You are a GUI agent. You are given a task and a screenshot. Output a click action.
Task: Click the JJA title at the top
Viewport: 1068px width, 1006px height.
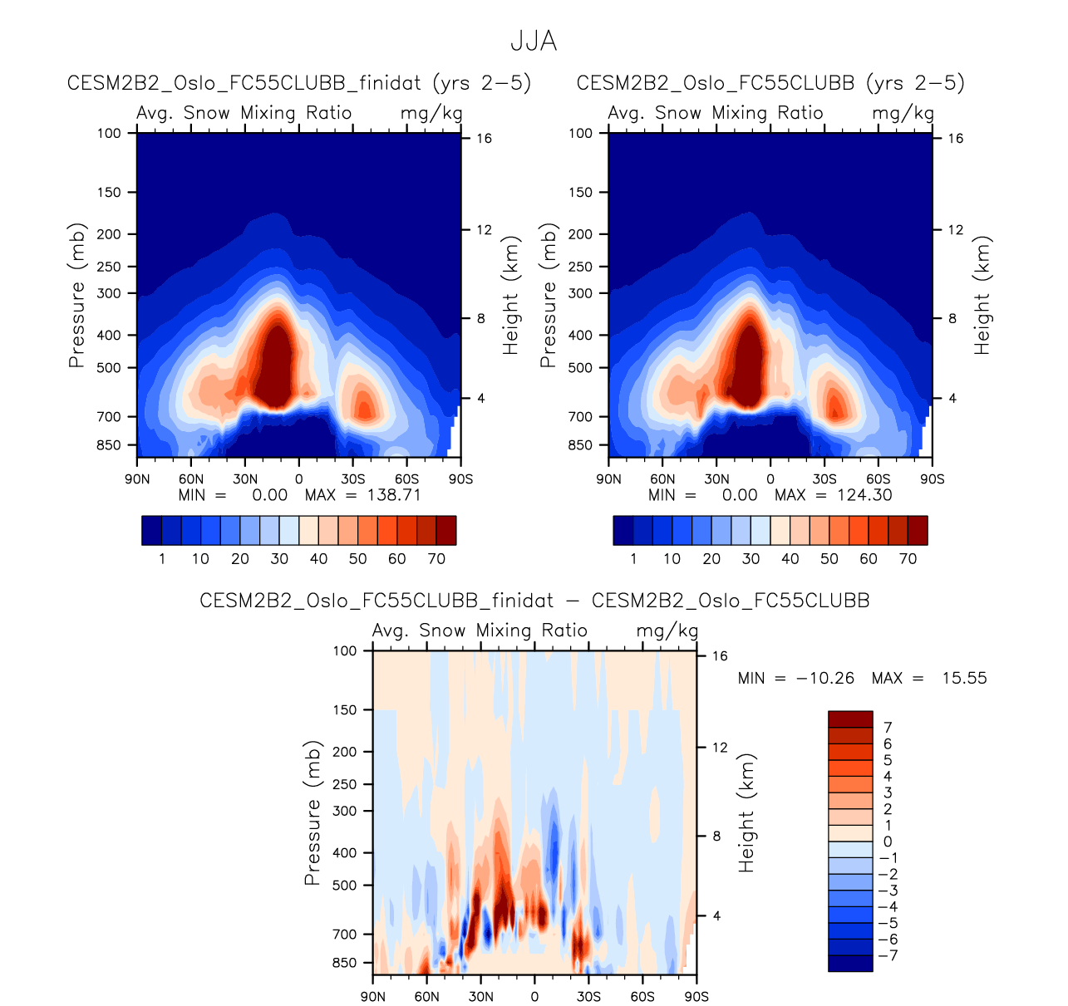(534, 42)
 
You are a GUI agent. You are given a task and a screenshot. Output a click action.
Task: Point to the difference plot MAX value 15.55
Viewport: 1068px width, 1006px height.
(964, 678)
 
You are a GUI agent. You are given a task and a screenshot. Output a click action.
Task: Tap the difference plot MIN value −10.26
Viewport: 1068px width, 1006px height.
(825, 678)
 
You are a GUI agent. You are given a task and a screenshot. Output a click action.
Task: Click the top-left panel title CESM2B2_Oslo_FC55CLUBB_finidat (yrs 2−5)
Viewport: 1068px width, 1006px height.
(298, 83)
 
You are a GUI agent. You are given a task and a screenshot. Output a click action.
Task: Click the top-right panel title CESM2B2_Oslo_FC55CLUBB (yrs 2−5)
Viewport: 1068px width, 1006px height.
(770, 83)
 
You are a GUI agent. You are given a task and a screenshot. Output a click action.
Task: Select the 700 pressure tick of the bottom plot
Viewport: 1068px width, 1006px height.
(345, 935)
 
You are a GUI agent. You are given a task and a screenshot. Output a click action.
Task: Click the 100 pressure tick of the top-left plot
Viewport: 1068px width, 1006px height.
(109, 133)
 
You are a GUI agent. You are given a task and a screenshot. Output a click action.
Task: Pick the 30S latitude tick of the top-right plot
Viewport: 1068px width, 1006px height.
(824, 479)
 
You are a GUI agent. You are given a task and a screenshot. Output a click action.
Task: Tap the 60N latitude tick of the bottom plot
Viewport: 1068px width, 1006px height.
(426, 997)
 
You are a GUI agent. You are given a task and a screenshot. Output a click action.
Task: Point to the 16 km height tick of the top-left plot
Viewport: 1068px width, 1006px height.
(484, 139)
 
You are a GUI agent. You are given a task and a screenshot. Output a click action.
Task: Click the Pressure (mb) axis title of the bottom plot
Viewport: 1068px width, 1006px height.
(312, 813)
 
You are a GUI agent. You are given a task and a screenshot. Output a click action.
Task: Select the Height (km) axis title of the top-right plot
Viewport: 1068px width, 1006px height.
(982, 296)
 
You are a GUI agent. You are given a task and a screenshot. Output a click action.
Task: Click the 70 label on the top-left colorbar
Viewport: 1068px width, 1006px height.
(436, 559)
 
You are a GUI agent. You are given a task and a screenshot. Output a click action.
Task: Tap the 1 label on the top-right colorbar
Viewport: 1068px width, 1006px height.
(633, 559)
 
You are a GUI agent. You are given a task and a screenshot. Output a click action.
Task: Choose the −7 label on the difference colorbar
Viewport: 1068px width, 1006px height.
(888, 955)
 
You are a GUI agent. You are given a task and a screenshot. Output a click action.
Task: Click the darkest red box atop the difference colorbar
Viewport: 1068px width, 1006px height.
(850, 719)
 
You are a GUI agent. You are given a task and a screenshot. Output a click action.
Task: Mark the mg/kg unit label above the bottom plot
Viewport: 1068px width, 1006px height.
(667, 631)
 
